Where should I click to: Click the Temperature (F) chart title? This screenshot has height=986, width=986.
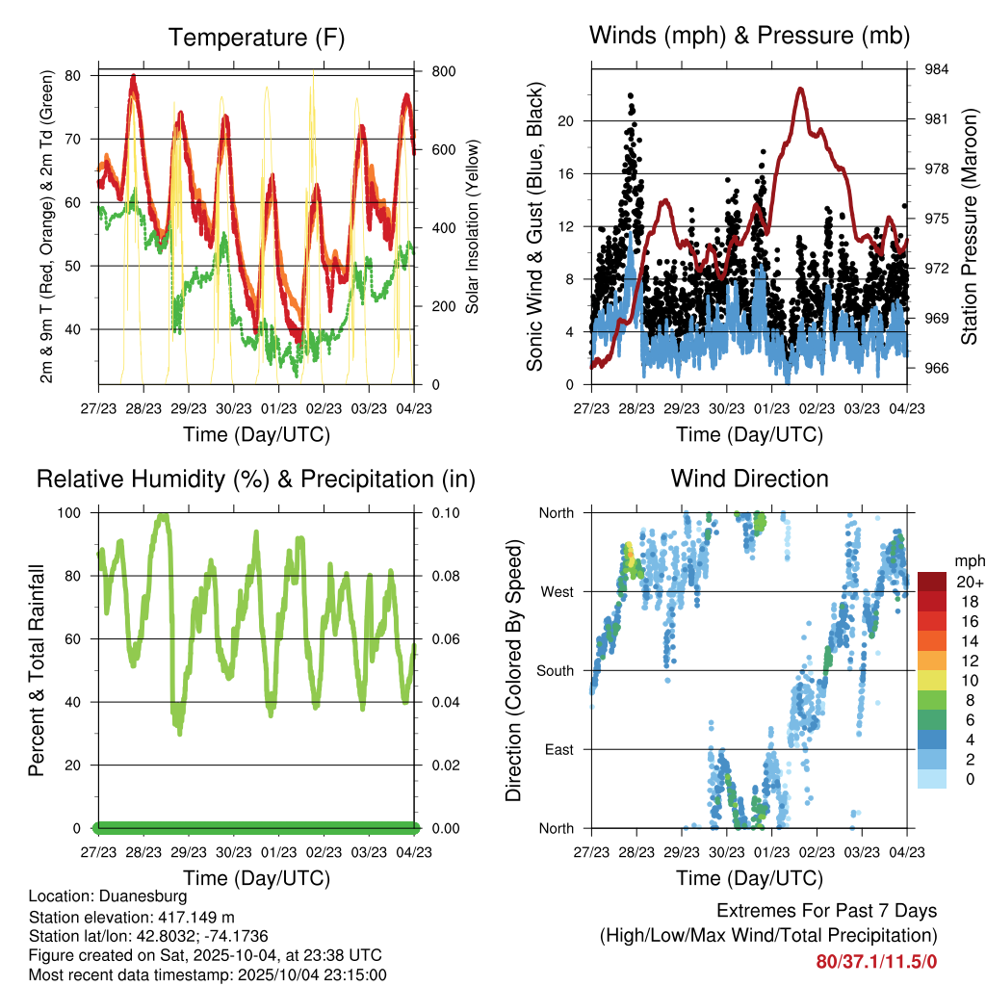click(255, 38)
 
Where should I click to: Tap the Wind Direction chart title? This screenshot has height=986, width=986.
click(749, 479)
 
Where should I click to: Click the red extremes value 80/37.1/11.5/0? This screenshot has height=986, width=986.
click(876, 961)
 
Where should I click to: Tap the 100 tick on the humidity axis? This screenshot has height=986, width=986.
click(70, 512)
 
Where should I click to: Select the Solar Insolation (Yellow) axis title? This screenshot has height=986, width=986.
click(472, 227)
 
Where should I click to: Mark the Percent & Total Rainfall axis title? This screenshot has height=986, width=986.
click(37, 670)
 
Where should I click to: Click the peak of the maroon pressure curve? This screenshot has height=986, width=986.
click(800, 88)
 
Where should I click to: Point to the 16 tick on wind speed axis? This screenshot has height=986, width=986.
click(567, 173)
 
